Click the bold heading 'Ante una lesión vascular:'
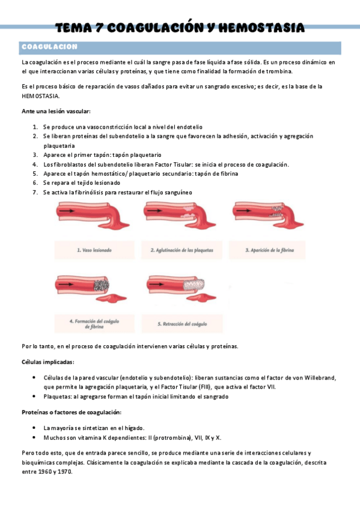click(x=56, y=112)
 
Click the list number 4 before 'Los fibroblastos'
click(x=35, y=164)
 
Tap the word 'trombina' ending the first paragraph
click(x=276, y=71)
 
